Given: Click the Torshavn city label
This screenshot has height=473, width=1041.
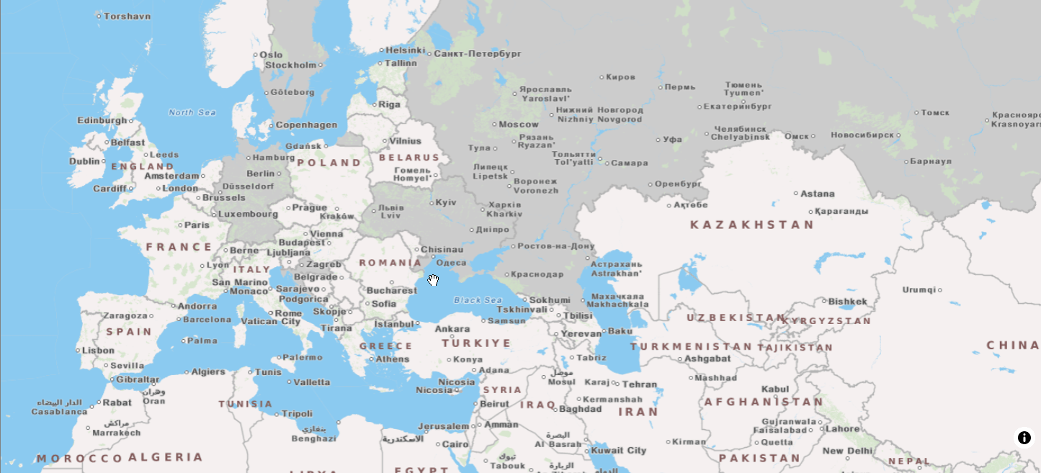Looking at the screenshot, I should [x=128, y=16].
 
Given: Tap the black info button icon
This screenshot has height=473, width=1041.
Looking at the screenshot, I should [x=1024, y=438].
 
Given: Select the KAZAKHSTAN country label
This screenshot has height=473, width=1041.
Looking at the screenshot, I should [x=751, y=225].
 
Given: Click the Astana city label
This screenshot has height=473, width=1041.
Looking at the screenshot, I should [x=818, y=194].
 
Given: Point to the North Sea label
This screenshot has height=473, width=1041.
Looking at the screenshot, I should [x=192, y=112].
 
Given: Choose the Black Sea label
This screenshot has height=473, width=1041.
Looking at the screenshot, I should [x=477, y=300].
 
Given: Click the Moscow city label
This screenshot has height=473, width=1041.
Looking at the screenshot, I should [x=519, y=125].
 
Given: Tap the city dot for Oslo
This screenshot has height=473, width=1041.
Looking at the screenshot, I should [x=255, y=55].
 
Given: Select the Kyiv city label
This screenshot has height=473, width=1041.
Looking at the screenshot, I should [x=446, y=202].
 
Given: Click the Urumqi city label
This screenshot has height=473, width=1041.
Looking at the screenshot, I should [x=919, y=290].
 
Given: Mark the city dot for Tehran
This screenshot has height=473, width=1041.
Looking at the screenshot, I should [x=617, y=384].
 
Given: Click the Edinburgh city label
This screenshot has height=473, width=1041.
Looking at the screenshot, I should [x=102, y=121].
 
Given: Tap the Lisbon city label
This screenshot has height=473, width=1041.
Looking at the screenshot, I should [x=98, y=351].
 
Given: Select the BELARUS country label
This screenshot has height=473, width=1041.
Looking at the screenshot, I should [x=408, y=158].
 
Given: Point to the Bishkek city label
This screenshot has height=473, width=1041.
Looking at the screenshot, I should [x=848, y=302].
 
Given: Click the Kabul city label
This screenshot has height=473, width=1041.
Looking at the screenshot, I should [x=775, y=389].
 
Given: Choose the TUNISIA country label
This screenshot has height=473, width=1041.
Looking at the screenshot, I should [x=246, y=404].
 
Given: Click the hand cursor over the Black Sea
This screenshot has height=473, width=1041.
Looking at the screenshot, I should [x=433, y=280].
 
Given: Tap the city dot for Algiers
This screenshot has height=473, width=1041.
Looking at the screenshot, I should [x=186, y=372].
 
